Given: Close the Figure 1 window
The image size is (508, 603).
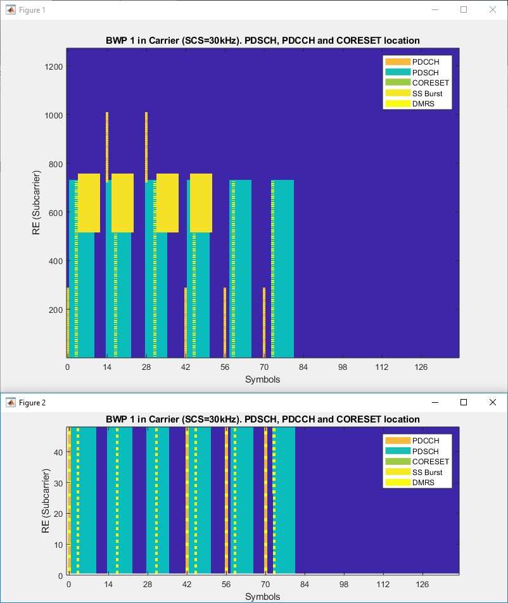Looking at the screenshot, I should point(492,10).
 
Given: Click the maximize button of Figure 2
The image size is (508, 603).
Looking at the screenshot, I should point(464,402).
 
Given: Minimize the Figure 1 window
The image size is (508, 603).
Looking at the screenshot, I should point(435,10).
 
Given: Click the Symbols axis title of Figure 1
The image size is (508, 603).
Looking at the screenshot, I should point(262,379).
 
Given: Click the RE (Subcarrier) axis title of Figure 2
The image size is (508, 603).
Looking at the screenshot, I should point(46,500).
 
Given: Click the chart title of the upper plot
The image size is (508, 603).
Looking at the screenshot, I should point(262,41).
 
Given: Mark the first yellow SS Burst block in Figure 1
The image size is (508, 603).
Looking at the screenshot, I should point(89,203).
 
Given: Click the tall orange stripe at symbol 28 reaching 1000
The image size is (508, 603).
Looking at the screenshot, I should point(146,146).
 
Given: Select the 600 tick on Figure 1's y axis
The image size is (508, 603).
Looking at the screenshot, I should point(56,212).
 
